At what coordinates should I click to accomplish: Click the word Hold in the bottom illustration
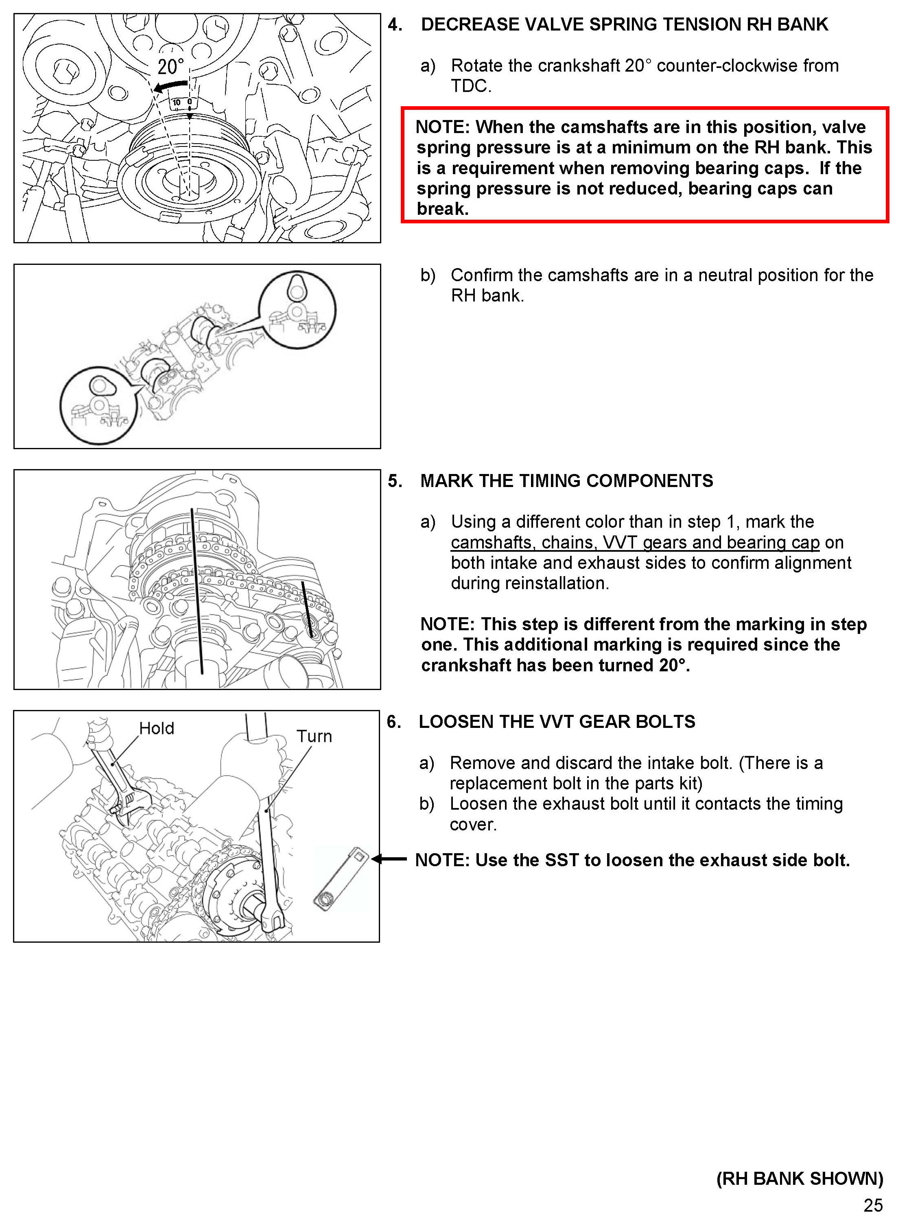pos(157,728)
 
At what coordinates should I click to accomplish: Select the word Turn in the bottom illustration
pos(314,736)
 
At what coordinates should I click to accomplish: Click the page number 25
pos(873,1205)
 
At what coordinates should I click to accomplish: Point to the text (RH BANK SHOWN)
pos(800,1178)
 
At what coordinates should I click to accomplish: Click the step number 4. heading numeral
pos(395,24)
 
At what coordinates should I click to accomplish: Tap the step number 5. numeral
pos(395,481)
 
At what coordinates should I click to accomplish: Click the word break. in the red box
pos(442,209)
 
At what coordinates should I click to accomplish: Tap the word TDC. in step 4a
pos(471,86)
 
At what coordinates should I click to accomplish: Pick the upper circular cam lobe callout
pos(297,310)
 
